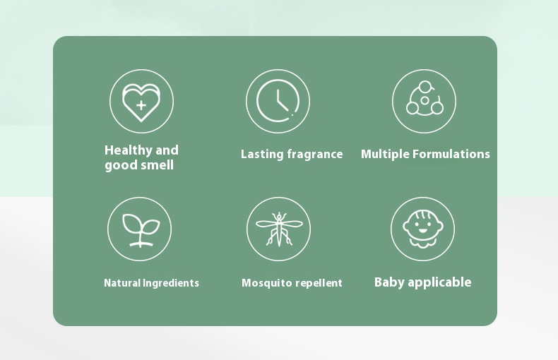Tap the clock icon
pos(257,102)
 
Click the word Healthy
pos(129,150)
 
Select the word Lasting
pos(262,155)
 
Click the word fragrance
pos(315,155)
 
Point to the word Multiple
pos(385,155)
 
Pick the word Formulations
pos(451,154)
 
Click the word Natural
pos(122,283)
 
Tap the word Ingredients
pos(171,283)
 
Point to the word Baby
pos(389,282)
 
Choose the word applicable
pos(439,282)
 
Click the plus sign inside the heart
pos(141,105)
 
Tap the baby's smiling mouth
pos(423,231)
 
